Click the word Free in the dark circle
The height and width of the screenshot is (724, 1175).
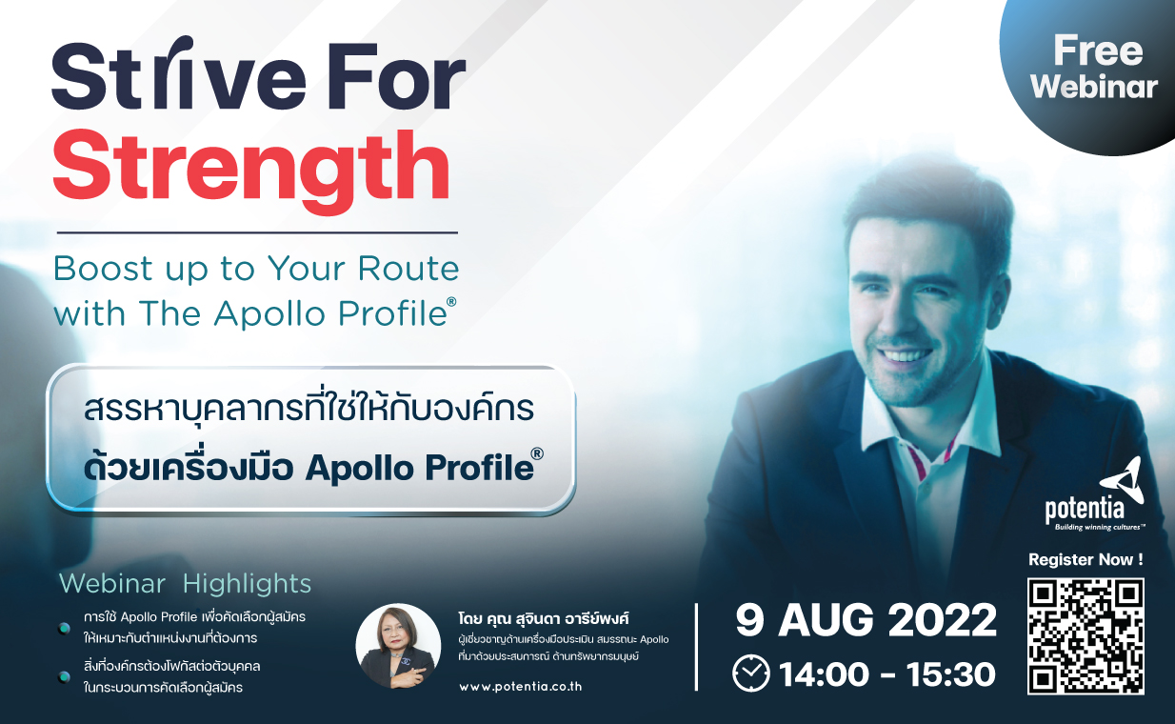click(1098, 50)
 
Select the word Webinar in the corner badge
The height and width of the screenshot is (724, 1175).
click(1094, 87)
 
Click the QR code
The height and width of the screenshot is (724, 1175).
click(1085, 636)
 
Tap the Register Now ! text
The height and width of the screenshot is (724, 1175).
click(1085, 559)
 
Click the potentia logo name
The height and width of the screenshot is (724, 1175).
click(1085, 509)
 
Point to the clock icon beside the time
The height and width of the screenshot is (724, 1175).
click(751, 674)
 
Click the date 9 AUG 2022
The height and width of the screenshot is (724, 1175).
click(866, 621)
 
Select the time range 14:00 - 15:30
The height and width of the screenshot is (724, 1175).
click(887, 674)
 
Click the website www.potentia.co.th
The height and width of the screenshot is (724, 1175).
click(520, 687)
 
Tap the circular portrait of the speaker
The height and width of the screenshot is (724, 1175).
click(398, 646)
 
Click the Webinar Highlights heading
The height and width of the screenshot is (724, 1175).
click(185, 583)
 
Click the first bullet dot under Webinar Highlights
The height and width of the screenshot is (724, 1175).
click(65, 628)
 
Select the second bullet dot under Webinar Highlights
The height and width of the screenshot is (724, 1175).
click(65, 677)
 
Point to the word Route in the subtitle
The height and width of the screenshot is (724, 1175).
click(408, 269)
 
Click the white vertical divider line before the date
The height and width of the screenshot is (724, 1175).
click(696, 647)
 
